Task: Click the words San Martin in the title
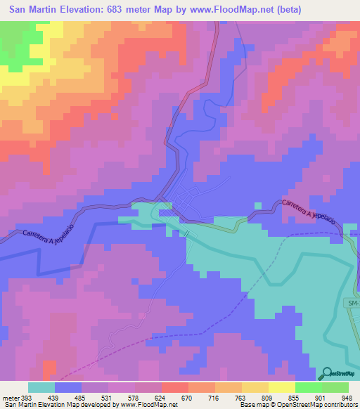(x=34, y=9)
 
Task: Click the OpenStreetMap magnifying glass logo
(x=326, y=374)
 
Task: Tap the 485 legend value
(x=81, y=397)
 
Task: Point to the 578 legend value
(x=134, y=397)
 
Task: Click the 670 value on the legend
(x=188, y=397)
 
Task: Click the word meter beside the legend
(x=9, y=397)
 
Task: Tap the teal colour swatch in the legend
(x=41, y=387)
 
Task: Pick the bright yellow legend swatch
(x=282, y=387)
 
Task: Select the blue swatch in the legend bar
(x=68, y=387)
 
